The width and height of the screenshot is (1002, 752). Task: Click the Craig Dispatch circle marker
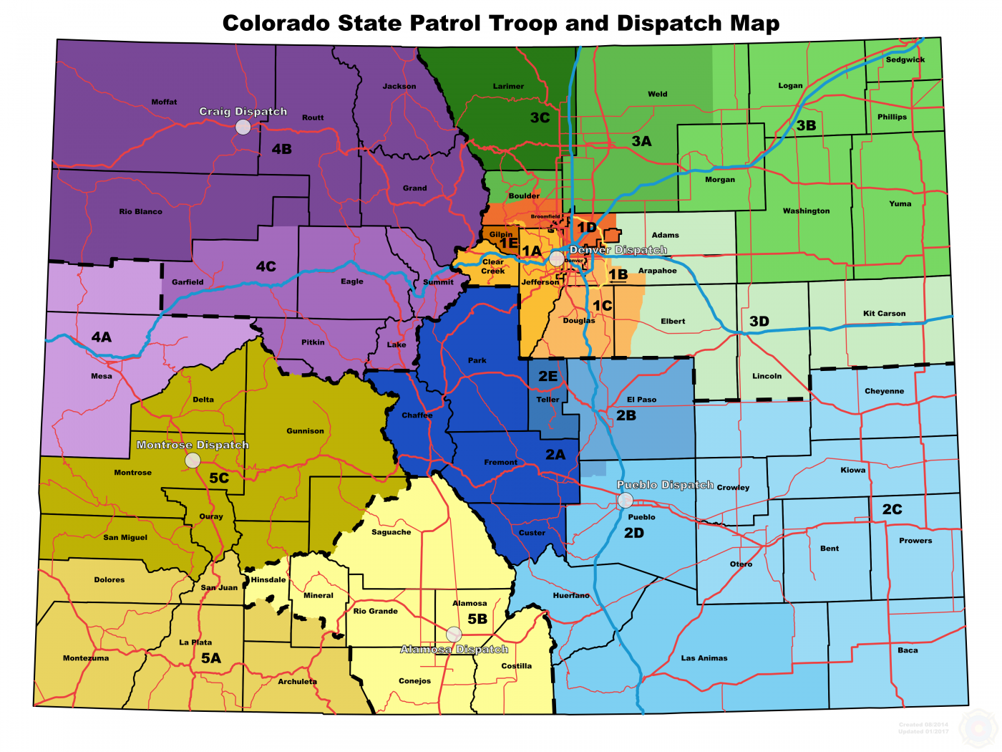[243, 127]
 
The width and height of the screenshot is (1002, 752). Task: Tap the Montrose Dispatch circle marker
[193, 461]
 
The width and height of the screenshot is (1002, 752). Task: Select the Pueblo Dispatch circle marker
[626, 500]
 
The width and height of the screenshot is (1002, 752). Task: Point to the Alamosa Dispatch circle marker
[454, 634]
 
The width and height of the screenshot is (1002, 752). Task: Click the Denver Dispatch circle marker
[557, 259]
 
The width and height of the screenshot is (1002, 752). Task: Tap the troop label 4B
[281, 149]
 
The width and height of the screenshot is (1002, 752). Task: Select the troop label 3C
[540, 117]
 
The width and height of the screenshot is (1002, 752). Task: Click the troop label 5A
[210, 658]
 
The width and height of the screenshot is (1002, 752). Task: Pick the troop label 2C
[892, 509]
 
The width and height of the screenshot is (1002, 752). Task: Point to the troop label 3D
[759, 321]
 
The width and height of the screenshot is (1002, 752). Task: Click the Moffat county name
[164, 102]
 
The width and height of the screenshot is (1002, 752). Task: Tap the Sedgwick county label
[905, 59]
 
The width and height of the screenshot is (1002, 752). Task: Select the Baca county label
[908, 650]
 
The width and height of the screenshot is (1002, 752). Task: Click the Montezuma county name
[86, 658]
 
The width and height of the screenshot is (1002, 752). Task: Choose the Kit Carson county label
[884, 313]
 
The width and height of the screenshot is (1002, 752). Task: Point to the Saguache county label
[391, 532]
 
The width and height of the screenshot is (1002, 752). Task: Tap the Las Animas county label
[704, 657]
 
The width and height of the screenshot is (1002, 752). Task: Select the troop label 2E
[548, 376]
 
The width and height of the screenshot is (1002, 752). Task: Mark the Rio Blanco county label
[140, 211]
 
